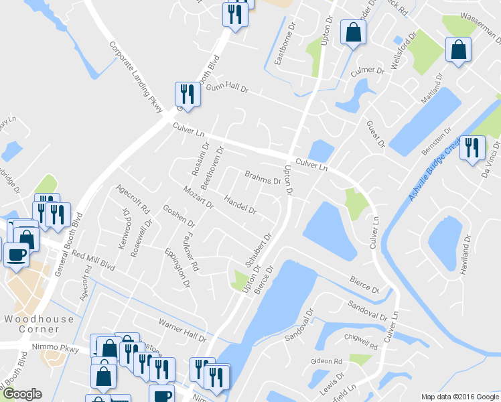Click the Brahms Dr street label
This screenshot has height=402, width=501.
click(262, 178)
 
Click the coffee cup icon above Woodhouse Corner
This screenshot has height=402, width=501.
click(16, 254)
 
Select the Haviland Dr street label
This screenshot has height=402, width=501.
click(466, 255)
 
